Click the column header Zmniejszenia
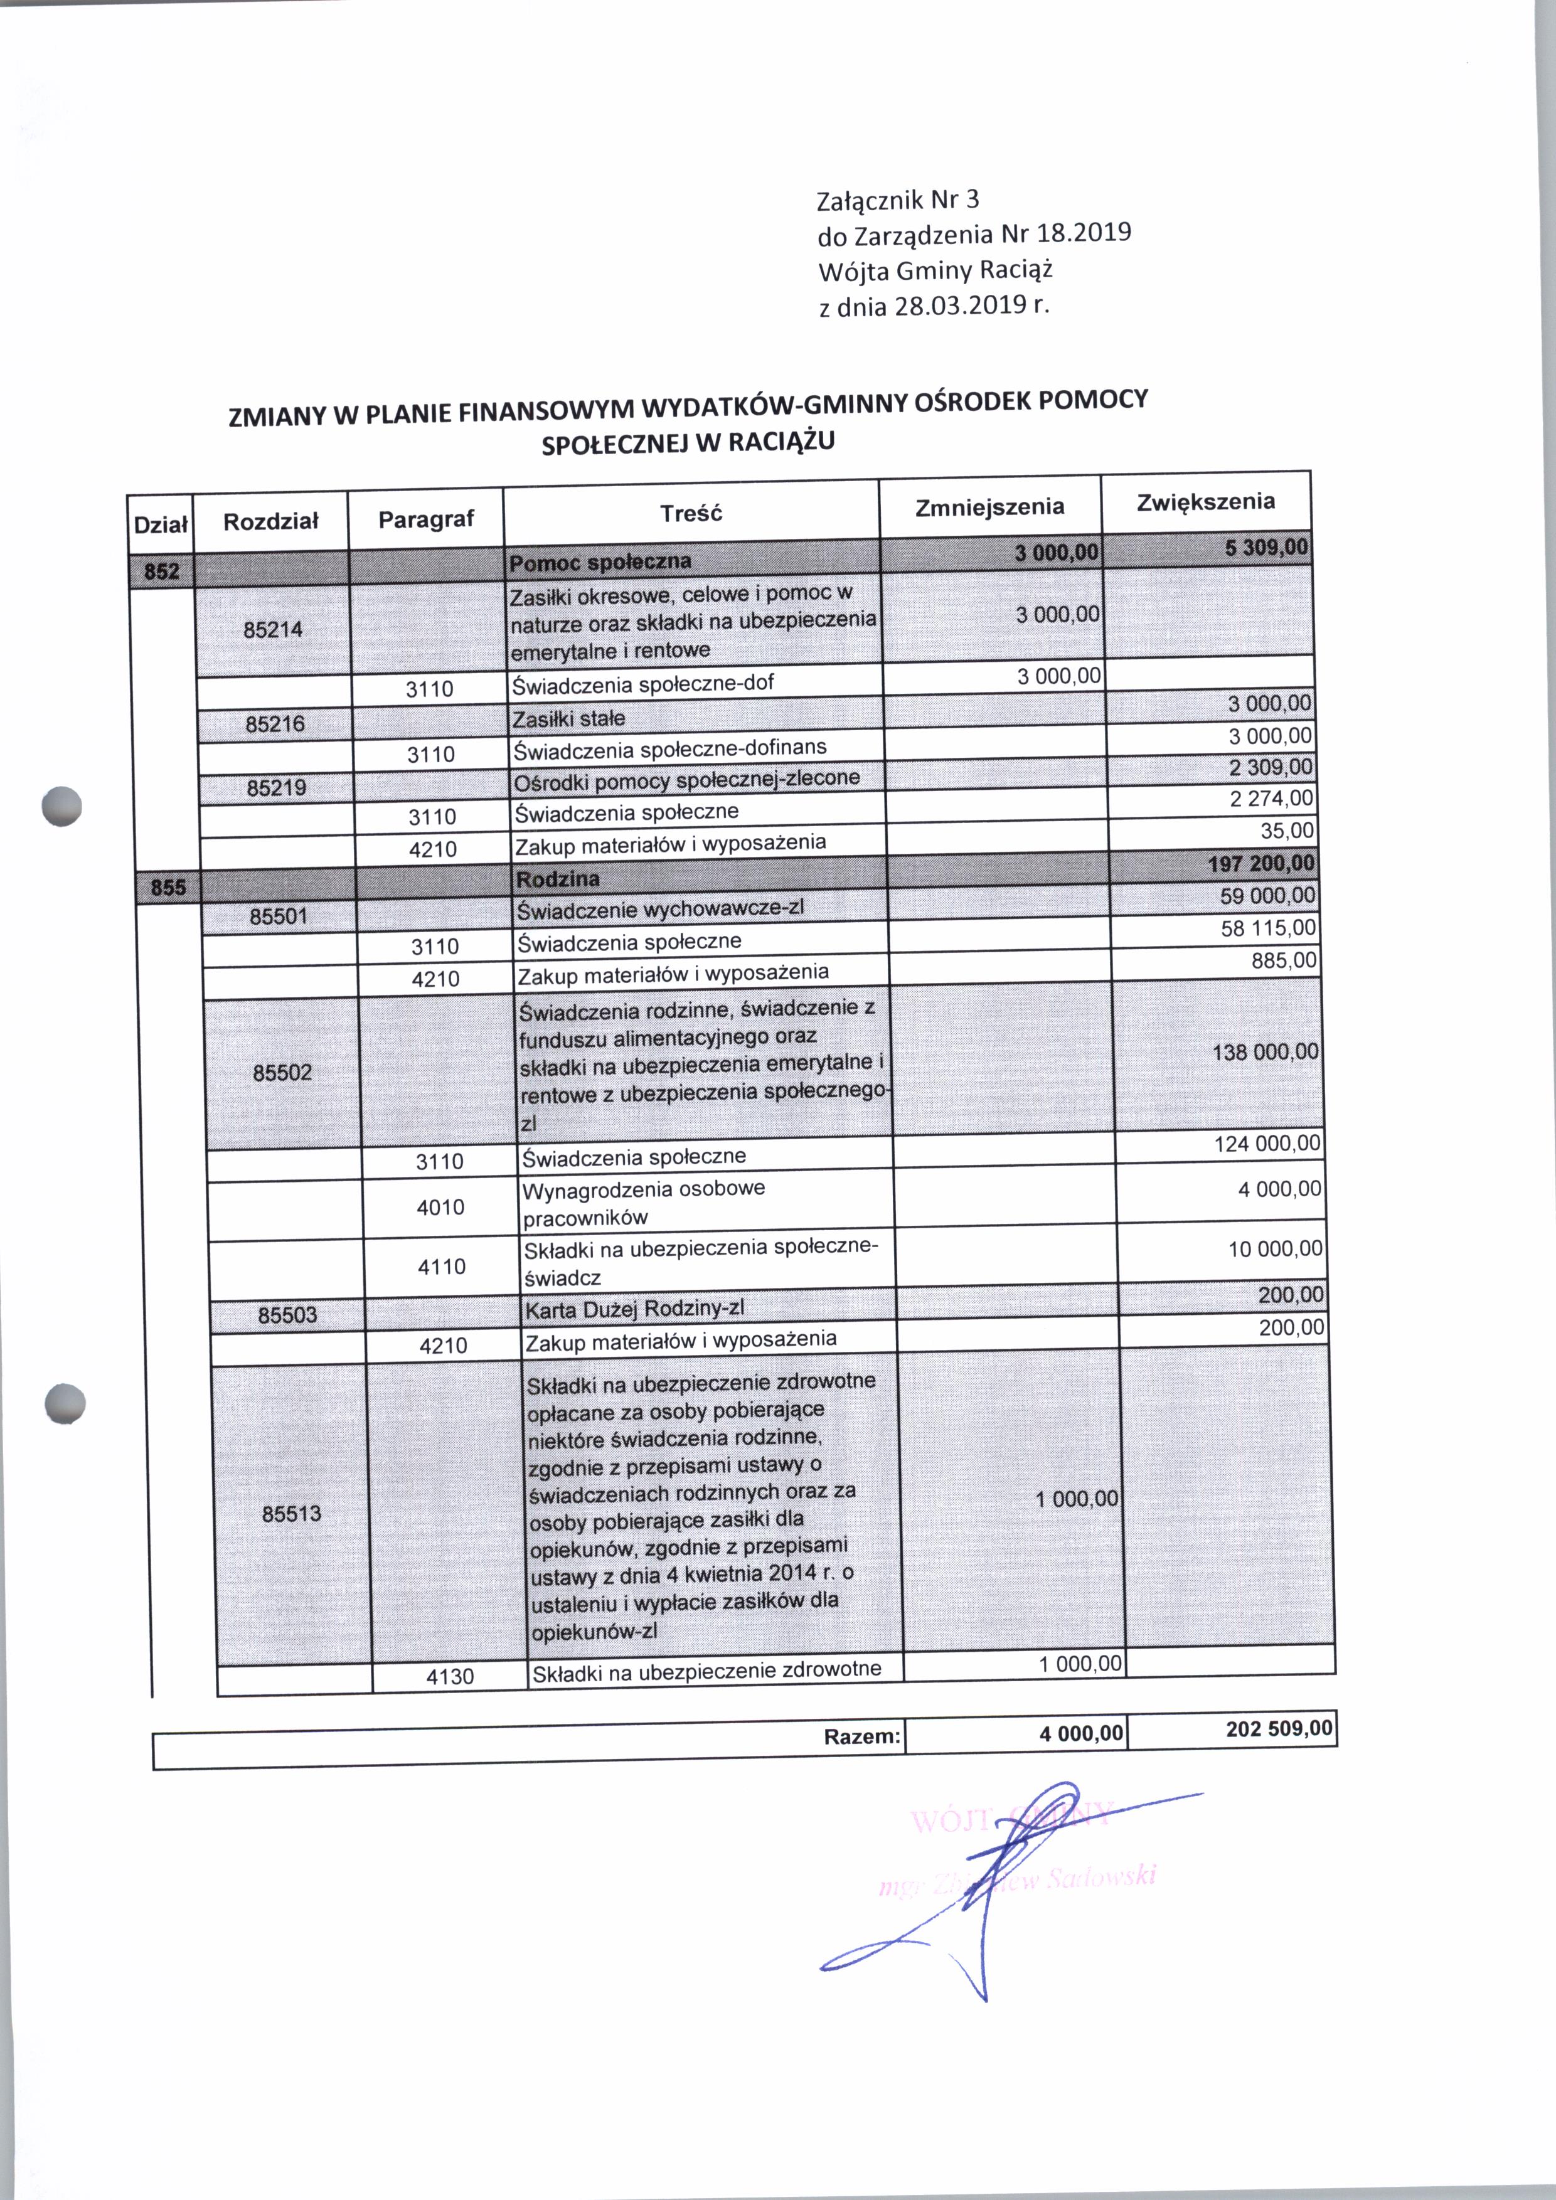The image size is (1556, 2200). pyautogui.click(x=989, y=507)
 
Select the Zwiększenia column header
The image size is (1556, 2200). pyautogui.click(x=1205, y=502)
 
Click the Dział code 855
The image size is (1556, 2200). pyautogui.click(x=168, y=887)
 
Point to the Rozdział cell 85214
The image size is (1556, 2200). pyautogui.click(x=273, y=630)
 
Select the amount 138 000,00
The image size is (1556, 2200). pyautogui.click(x=1265, y=1052)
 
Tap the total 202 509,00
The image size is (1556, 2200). pyautogui.click(x=1278, y=1729)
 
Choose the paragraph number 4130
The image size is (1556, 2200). pyautogui.click(x=449, y=1676)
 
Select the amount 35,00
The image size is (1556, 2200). pyautogui.click(x=1287, y=831)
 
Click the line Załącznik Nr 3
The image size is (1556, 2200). pyautogui.click(x=898, y=200)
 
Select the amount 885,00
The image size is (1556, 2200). pyautogui.click(x=1284, y=960)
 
